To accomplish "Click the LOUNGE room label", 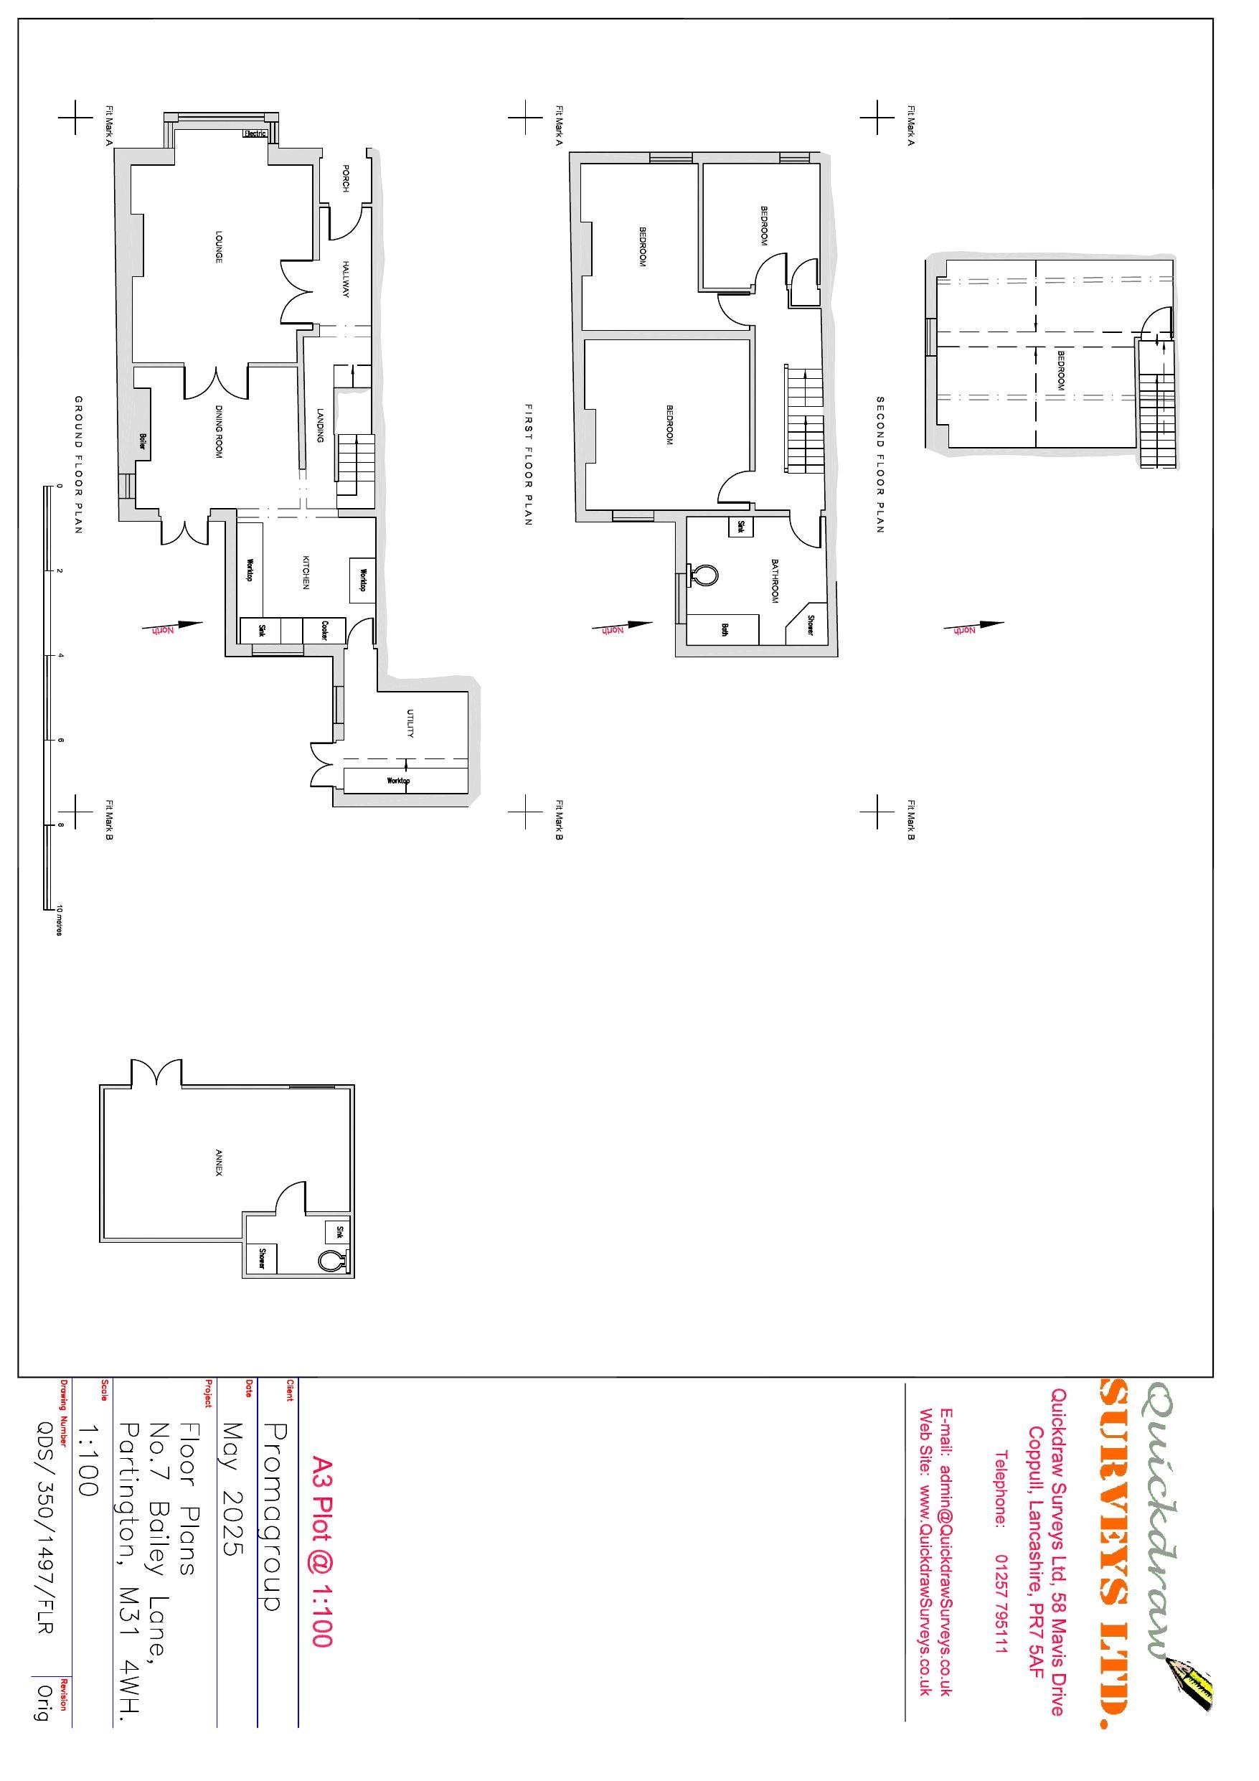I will pyautogui.click(x=220, y=247).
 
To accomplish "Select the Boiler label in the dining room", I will pyautogui.click(x=143, y=441).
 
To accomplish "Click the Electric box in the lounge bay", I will pyautogui.click(x=255, y=133).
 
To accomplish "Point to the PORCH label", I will pyautogui.click(x=346, y=179).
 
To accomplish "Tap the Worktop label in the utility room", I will pyautogui.click(x=399, y=780).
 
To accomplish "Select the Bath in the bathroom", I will pyautogui.click(x=725, y=629).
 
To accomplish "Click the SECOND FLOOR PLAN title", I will pyautogui.click(x=880, y=465).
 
